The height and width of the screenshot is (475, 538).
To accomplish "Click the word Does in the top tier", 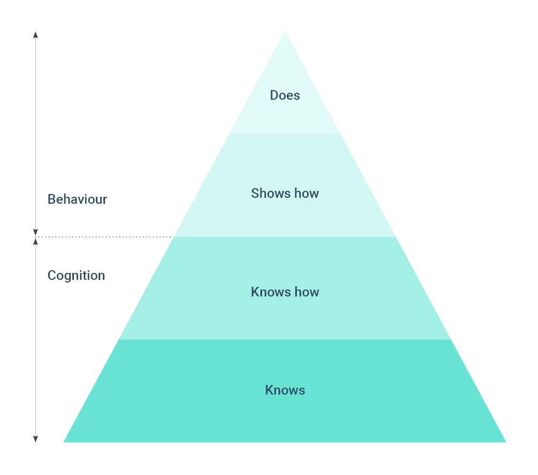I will pos(285,95).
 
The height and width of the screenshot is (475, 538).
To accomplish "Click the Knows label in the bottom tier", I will pos(285,390).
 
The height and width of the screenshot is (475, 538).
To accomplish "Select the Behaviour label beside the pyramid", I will pos(77,199).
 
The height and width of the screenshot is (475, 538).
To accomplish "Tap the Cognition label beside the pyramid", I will pos(76,276).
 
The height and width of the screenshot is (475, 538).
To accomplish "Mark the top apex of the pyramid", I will pos(285,32).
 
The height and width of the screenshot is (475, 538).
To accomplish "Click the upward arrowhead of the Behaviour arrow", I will pos(35,35).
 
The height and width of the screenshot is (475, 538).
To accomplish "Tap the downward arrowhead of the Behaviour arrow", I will pos(35,232).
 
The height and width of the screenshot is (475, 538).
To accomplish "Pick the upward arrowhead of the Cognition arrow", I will pos(35,241).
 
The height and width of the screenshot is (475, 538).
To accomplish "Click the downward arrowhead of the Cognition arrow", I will pos(35,439).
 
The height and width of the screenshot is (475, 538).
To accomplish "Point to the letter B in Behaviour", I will pos(51,199).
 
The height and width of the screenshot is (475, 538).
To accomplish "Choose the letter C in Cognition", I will pos(52,276).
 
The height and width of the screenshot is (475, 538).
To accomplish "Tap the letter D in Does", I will pos(274,95).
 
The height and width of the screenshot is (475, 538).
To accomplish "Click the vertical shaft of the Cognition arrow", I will pos(35,343).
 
